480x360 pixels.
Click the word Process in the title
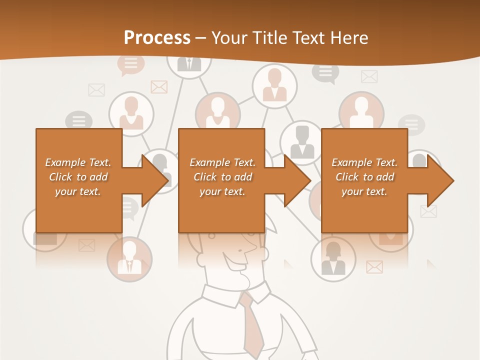(157, 38)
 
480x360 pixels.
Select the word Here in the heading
(349, 38)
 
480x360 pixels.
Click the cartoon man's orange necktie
(253, 325)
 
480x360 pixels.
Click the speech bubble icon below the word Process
(130, 64)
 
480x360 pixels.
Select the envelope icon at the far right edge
(428, 211)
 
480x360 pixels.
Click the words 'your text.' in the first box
(78, 191)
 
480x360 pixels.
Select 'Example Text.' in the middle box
(222, 162)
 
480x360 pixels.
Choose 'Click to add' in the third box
(364, 177)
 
